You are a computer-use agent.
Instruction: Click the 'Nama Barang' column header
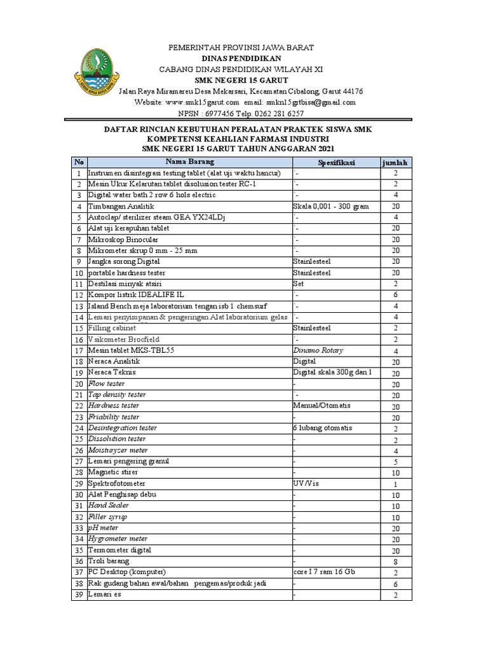point(189,162)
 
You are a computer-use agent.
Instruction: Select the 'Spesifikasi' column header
point(336,163)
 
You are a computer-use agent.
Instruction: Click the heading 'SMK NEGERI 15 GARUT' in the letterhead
point(232,80)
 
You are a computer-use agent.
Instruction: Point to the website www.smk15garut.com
point(202,102)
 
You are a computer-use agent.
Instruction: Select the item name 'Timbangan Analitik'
point(121,207)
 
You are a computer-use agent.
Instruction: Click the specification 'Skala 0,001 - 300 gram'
point(330,207)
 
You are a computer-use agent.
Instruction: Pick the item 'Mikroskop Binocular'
point(123,240)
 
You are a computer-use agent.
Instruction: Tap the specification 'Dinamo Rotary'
point(318,350)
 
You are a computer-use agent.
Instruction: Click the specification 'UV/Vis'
point(306,483)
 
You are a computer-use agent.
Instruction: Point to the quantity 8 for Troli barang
point(395,562)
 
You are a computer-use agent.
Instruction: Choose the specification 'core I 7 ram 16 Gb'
point(324,572)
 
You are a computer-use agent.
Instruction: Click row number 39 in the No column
point(79,594)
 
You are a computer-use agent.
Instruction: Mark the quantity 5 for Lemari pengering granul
point(395,462)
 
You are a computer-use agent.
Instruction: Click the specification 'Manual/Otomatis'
point(322,406)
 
